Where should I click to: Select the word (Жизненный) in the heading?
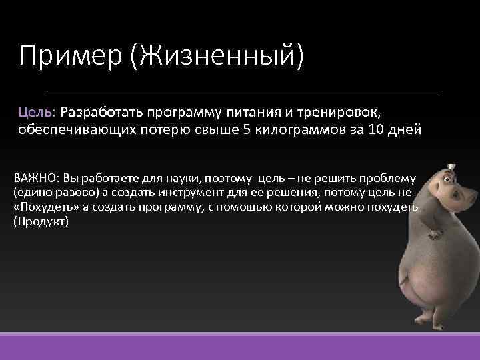[217, 56]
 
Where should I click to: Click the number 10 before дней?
[377, 129]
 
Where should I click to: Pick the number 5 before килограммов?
[245, 129]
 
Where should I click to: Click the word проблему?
[387, 178]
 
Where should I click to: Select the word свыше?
[214, 129]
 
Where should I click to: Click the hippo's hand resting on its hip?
[435, 233]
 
